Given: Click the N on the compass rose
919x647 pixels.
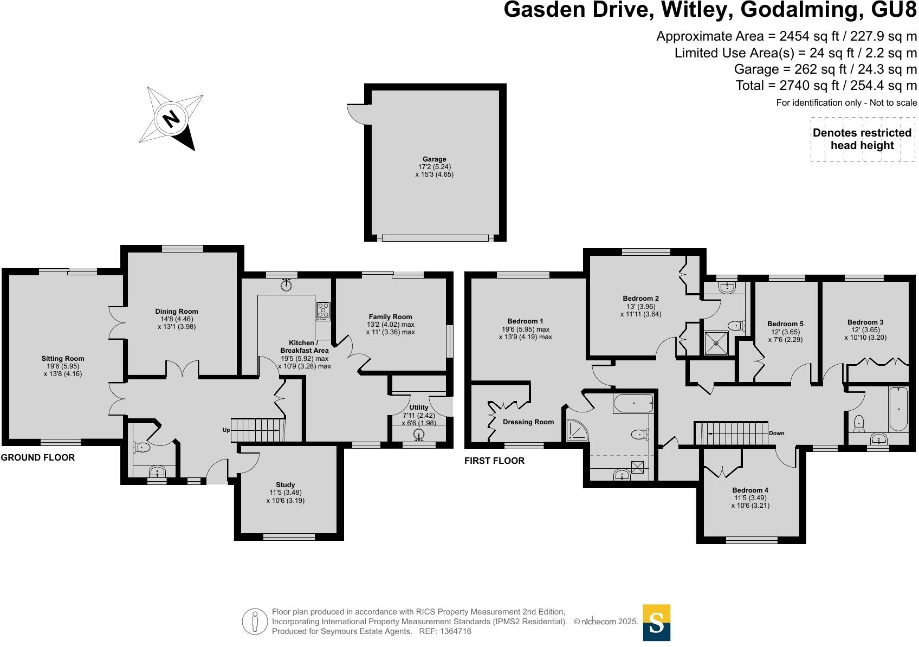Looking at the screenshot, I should click(171, 118).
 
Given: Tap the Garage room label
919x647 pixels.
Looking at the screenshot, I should click(434, 159).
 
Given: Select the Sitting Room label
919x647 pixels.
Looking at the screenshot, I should click(63, 359).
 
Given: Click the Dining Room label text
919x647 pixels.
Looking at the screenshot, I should click(177, 312).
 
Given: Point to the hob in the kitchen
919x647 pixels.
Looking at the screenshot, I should click(323, 311).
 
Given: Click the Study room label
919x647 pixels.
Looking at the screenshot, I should click(286, 485).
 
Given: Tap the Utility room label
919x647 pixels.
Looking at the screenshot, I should click(419, 407).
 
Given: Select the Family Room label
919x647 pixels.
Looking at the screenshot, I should click(390, 317).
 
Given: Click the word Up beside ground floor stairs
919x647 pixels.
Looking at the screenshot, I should click(226, 430).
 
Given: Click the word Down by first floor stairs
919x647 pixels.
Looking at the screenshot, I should click(776, 433).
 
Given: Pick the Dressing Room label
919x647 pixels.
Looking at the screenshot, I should click(528, 422).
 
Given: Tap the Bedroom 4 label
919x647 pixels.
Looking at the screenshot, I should click(751, 490).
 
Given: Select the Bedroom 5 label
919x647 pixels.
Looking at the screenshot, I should click(785, 324).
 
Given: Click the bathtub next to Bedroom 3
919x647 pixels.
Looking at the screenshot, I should click(898, 409).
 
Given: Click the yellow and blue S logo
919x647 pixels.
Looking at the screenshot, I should click(656, 622).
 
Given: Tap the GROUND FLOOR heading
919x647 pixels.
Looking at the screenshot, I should click(38, 457).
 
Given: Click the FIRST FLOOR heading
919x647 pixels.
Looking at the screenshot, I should click(494, 461).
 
